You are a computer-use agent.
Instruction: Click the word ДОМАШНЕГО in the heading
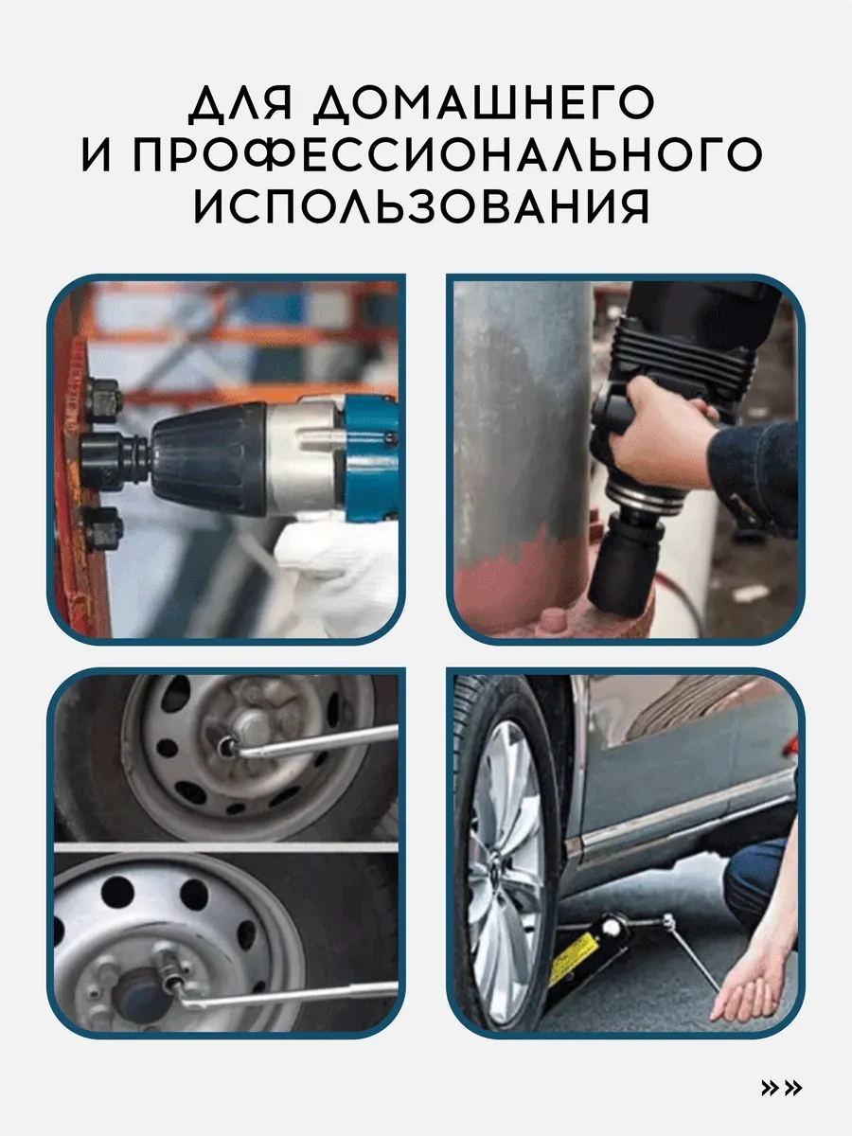(x=485, y=104)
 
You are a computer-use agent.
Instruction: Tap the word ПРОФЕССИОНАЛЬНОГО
(x=448, y=153)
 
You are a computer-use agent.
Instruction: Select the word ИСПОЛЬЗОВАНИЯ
(x=421, y=206)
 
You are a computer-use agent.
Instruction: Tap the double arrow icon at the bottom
(x=782, y=1088)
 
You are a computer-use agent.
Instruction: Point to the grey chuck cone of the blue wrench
(x=209, y=461)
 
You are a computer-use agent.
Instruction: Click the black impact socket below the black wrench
(x=626, y=564)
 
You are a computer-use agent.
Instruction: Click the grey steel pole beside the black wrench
(x=523, y=414)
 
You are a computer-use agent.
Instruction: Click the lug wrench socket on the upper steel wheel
(x=227, y=746)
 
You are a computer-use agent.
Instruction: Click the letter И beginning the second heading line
(x=98, y=153)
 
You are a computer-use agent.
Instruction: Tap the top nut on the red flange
(x=102, y=399)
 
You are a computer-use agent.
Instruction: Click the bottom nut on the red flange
(x=103, y=529)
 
